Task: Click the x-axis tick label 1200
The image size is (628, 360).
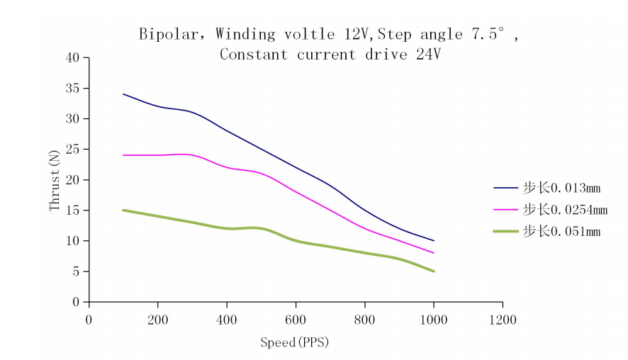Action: click(503, 319)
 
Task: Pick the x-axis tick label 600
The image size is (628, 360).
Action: click(296, 319)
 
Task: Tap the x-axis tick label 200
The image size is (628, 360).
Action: click(157, 319)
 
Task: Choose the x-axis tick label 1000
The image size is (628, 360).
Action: click(433, 319)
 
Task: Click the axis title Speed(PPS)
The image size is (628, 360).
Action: click(294, 343)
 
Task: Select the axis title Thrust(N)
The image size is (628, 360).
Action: click(55, 180)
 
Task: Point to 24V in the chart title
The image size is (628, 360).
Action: click(428, 55)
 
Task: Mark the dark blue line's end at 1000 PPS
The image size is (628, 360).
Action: click(434, 241)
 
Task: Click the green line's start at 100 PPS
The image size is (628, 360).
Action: click(123, 210)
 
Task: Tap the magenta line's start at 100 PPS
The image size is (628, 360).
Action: click(123, 154)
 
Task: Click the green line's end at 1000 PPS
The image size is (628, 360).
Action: click(434, 271)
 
